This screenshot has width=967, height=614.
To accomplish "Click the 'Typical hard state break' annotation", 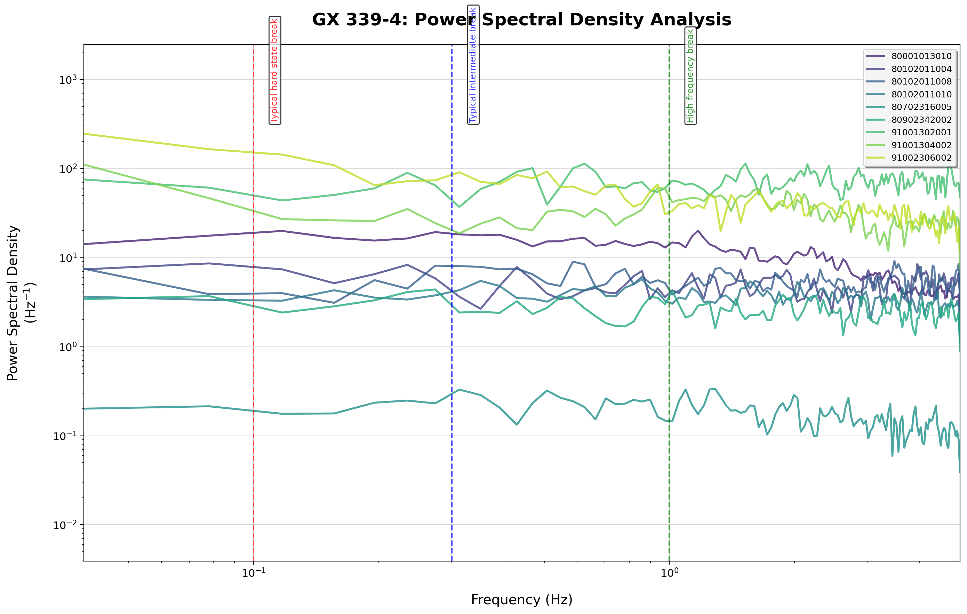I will pos(275,71).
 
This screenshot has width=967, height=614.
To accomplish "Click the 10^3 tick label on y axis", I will pos(68,80).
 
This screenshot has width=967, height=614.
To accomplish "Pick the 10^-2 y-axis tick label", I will pos(65,525).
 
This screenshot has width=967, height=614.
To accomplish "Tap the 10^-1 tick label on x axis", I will pos(253,573).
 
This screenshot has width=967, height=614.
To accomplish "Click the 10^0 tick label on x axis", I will pos(669,573).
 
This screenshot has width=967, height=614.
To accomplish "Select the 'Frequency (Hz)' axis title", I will pos(522,599).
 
